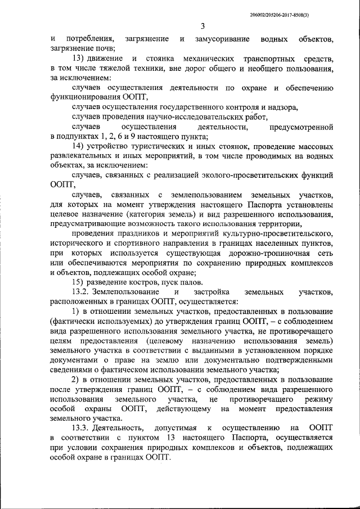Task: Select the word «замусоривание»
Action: [220, 39]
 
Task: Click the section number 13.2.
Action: [81, 291]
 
